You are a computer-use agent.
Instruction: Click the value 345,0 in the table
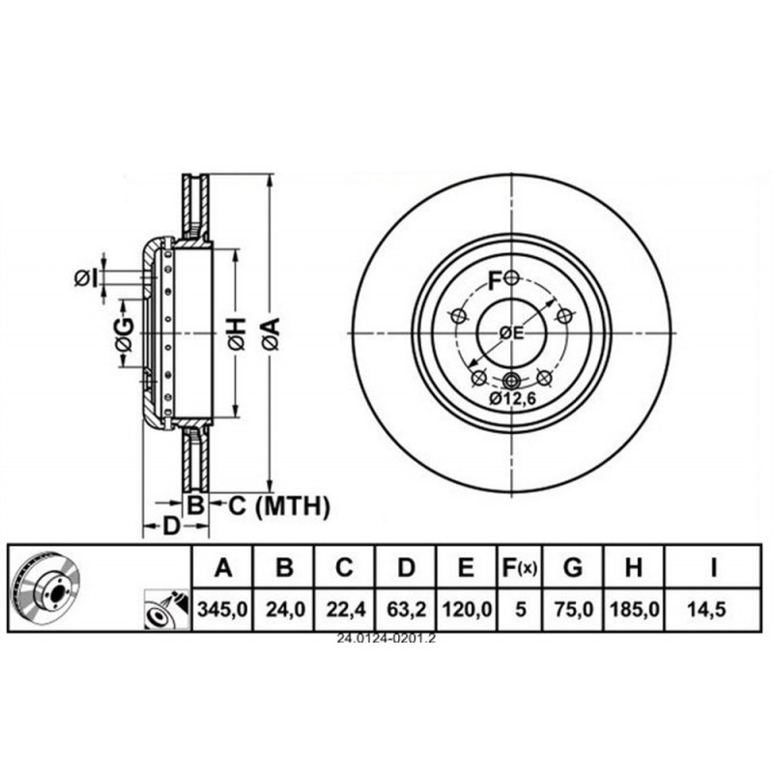[222, 610]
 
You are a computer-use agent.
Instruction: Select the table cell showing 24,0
[283, 610]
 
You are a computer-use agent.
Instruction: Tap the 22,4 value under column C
[345, 610]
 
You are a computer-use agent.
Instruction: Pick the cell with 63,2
[406, 610]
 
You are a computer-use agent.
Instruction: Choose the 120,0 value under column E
[467, 610]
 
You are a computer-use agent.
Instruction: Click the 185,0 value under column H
[634, 610]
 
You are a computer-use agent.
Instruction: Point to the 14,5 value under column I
[713, 610]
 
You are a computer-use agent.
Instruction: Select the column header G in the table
[573, 567]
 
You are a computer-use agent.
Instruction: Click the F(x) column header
[519, 568]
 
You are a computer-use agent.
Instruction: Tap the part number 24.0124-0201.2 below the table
[386, 639]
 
